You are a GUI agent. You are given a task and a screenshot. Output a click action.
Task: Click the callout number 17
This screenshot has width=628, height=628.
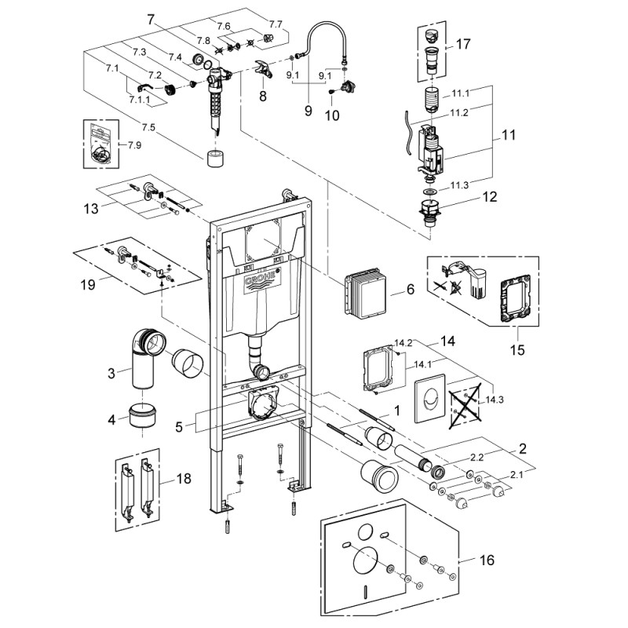tap(463, 44)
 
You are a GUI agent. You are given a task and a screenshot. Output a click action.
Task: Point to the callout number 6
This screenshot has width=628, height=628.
tap(410, 289)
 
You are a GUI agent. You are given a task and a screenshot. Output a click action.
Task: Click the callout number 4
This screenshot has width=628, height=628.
tap(111, 420)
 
